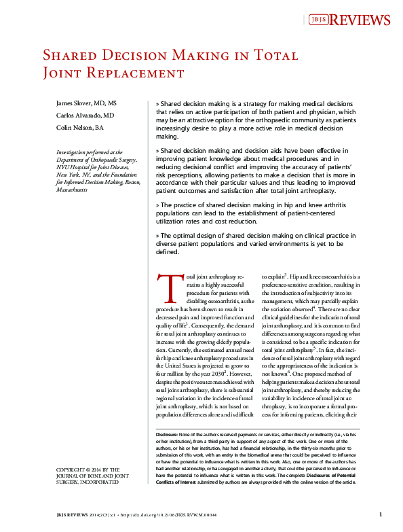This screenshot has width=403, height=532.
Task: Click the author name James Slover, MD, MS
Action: [86, 103]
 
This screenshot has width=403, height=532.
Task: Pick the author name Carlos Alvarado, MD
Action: [84, 115]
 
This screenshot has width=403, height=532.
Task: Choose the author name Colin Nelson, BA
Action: [79, 127]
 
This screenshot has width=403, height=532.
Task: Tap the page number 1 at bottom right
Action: [381, 514]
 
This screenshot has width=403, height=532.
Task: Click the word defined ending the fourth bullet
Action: [168, 252]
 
